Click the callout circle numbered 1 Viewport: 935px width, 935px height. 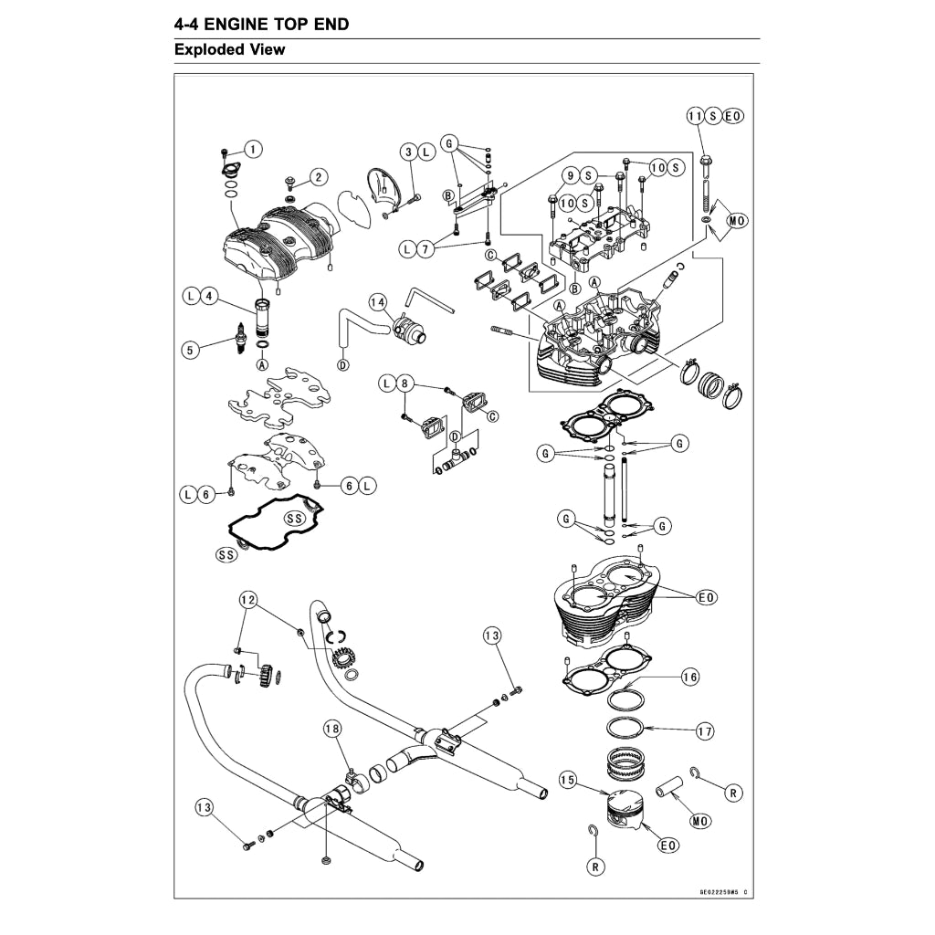point(253,148)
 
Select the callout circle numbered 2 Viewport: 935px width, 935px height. point(319,176)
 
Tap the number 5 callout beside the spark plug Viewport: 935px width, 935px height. point(190,349)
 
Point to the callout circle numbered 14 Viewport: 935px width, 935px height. point(377,302)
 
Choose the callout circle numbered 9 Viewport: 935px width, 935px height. point(570,175)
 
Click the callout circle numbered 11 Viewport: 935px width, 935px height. point(695,116)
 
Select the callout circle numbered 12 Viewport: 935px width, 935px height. point(247,600)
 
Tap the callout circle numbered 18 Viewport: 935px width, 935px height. point(332,728)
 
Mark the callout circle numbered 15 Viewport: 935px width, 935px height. point(568,781)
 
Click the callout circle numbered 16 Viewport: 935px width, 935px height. point(689,678)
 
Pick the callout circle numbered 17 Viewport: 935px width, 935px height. point(704,731)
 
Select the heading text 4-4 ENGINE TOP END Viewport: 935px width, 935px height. point(261,24)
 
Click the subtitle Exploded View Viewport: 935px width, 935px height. point(229,50)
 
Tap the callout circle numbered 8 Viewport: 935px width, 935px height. point(406,384)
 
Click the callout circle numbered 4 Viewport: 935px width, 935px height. point(209,296)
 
